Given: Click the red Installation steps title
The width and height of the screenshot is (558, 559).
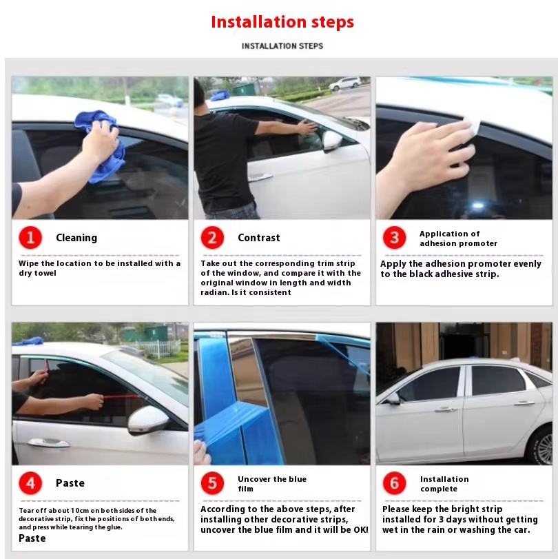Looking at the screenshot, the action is tap(282, 22).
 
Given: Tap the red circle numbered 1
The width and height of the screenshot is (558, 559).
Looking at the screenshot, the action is tap(30, 237).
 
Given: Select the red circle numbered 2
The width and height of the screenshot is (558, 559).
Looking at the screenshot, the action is tap(212, 237).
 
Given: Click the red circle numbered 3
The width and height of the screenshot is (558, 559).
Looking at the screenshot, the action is tap(394, 237).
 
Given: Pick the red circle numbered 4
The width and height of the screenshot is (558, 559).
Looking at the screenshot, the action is tap(30, 483).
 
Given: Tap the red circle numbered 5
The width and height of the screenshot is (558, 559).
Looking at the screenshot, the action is tap(212, 483).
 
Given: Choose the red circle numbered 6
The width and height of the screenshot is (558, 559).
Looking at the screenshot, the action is tap(394, 483).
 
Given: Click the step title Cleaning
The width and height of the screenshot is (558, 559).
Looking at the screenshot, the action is tap(76, 238).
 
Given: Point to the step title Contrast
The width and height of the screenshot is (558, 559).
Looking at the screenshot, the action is tap(259, 238).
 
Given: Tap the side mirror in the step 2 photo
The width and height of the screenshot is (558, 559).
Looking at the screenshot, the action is tap(332, 141).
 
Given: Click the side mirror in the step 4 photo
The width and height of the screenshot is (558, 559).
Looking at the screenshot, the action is tap(147, 420).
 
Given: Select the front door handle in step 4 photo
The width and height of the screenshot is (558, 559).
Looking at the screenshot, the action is tap(48, 443).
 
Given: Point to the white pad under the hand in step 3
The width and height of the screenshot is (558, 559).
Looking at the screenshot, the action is tap(471, 127).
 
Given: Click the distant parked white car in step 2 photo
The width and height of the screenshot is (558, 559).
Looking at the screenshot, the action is tap(345, 84).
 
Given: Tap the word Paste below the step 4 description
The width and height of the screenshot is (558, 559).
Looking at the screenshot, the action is tap(32, 538).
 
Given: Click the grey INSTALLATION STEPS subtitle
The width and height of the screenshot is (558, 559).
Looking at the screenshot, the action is tap(282, 46).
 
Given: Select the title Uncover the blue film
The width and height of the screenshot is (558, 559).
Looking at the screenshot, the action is tap(272, 484).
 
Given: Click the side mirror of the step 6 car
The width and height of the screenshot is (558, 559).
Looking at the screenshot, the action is tap(393, 398).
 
